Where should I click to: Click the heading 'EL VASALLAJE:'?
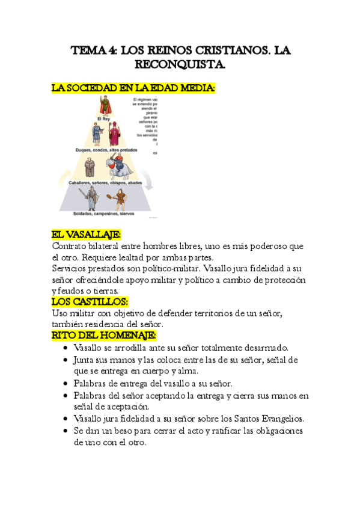(x=87, y=235)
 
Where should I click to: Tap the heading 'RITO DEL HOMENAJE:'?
(x=104, y=335)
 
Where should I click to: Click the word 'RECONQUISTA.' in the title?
(x=179, y=63)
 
